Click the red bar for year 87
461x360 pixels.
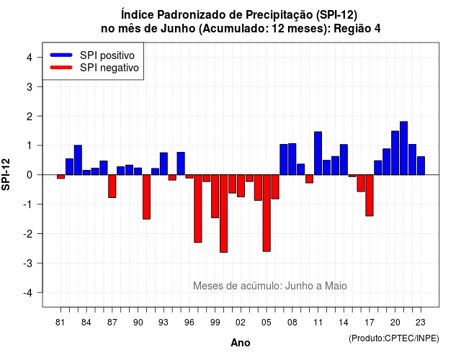[112, 186]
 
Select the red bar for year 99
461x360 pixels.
[215, 197]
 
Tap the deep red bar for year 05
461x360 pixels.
[267, 213]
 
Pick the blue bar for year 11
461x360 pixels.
[318, 153]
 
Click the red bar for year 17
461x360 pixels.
[370, 195]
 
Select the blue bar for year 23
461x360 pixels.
[421, 166]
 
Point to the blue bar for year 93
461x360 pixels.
[164, 163]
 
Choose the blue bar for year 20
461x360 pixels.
[395, 153]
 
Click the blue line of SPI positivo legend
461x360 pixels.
[61, 55]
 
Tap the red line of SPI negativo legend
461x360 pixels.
[61, 67]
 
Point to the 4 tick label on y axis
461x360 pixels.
[30, 58]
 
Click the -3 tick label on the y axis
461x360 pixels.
[27, 263]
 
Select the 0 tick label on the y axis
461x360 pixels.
[30, 175]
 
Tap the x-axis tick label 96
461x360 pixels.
[189, 323]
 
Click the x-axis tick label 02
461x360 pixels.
[241, 323]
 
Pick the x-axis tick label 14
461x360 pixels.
[344, 323]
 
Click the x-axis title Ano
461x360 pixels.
[241, 343]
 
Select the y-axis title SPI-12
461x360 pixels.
[6, 174]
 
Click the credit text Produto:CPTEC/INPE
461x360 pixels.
[394, 338]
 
